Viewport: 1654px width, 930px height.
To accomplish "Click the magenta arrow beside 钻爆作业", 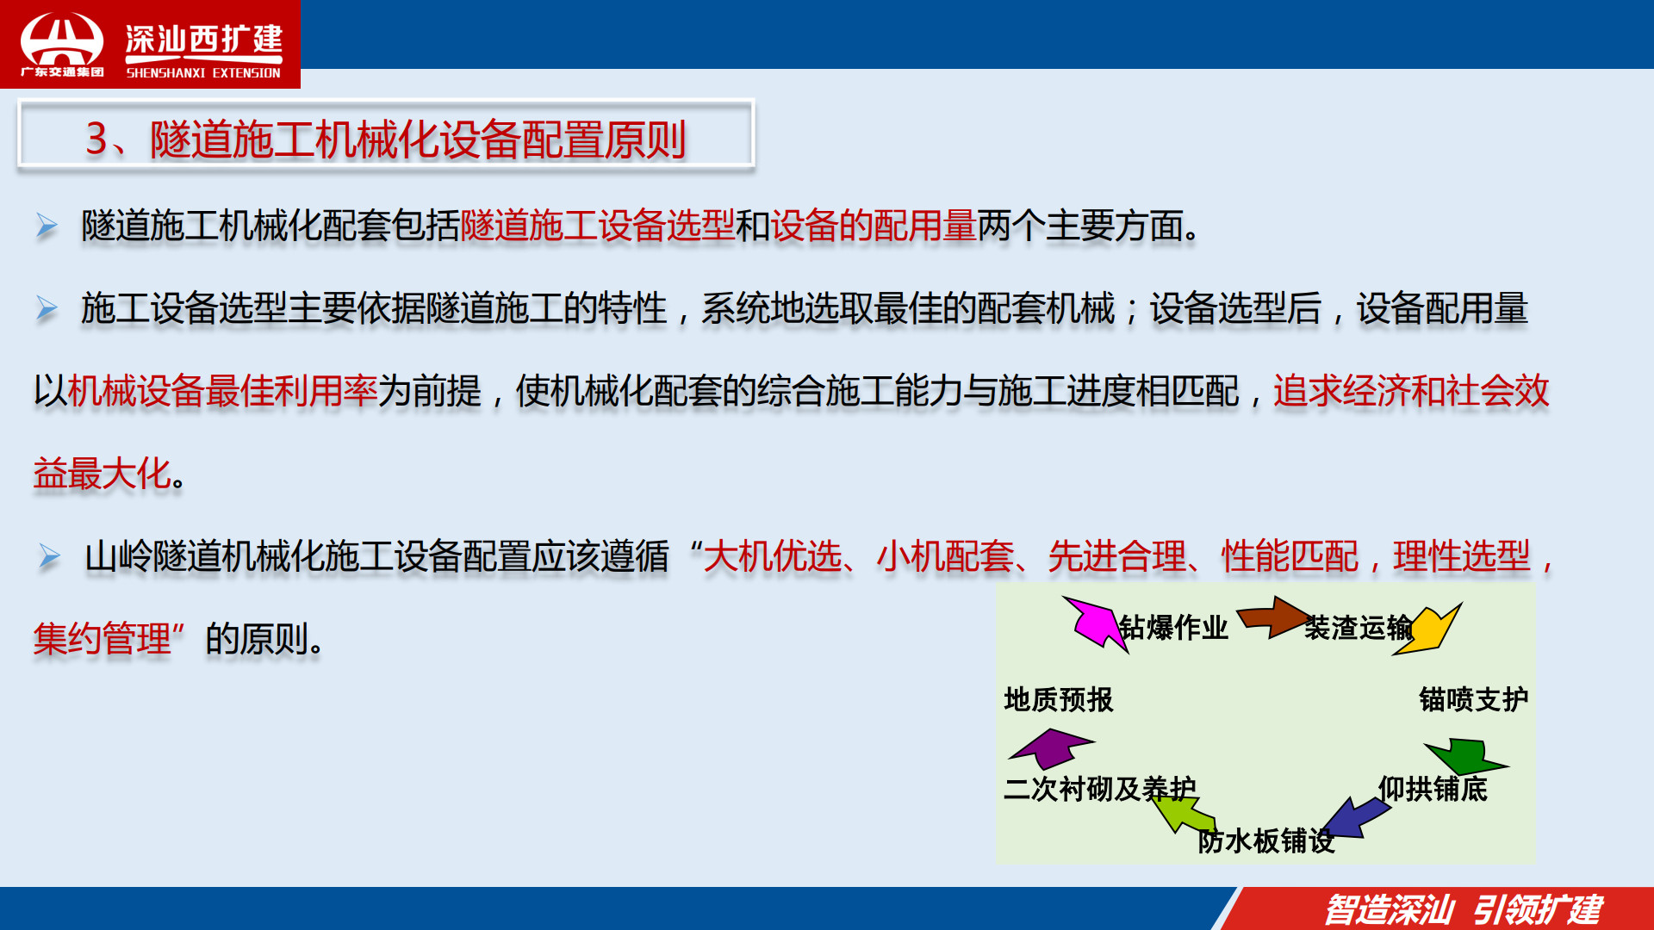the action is tap(1094, 623).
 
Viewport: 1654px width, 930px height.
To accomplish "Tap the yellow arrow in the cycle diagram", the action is tap(1428, 629).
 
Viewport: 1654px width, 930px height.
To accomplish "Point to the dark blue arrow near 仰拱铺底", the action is tap(1354, 816).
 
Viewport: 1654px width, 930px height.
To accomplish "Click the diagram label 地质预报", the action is tap(1059, 699).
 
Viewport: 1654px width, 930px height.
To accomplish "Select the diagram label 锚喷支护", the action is tap(1474, 699).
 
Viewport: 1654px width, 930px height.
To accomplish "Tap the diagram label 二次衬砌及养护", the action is tap(1100, 789).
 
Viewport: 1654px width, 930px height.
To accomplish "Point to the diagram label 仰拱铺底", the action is tap(1433, 789).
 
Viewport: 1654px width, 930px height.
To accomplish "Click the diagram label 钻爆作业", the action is tap(1173, 628).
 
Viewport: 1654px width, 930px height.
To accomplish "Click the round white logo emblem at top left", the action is tap(62, 40).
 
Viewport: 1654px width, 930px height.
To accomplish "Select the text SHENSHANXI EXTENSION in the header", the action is tap(203, 73).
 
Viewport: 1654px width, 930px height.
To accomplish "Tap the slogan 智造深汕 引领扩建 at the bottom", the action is tap(1464, 909).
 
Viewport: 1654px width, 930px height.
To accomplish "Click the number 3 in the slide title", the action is tap(96, 139).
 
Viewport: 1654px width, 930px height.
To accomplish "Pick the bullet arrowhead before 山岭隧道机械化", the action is tap(49, 557).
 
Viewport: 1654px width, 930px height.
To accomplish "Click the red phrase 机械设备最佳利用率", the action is tap(222, 391).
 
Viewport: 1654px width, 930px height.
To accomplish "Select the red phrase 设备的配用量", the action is tap(874, 226).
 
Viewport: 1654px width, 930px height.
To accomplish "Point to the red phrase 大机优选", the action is tap(773, 556).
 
